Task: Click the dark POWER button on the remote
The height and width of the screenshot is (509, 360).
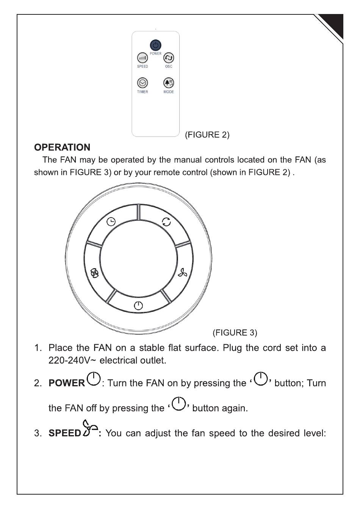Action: pyautogui.click(x=155, y=45)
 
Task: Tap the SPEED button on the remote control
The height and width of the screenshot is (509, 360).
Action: pyautogui.click(x=142, y=58)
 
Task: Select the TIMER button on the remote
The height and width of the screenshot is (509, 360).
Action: pyautogui.click(x=142, y=83)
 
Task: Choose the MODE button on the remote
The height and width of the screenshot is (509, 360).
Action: pyautogui.click(x=169, y=83)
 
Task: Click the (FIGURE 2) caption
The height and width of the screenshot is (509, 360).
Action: pyautogui.click(x=207, y=135)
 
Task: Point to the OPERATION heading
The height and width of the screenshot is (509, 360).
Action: pyautogui.click(x=62, y=147)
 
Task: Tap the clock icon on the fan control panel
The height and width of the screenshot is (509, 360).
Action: pyautogui.click(x=111, y=222)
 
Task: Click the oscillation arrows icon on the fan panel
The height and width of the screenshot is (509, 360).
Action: pyautogui.click(x=166, y=222)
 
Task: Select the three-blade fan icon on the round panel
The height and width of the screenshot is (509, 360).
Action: pyautogui.click(x=183, y=273)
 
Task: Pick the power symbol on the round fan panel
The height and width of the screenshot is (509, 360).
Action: pyautogui.click(x=138, y=305)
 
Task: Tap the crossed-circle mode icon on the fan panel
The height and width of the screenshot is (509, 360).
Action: pyautogui.click(x=94, y=273)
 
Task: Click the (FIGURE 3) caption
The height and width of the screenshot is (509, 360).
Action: pyautogui.click(x=235, y=333)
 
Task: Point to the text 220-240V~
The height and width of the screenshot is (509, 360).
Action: pyautogui.click(x=72, y=360)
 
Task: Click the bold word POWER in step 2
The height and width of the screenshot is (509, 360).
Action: pyautogui.click(x=67, y=383)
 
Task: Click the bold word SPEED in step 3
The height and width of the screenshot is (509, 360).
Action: pyautogui.click(x=65, y=433)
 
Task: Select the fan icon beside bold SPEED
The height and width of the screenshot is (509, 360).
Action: pyautogui.click(x=90, y=429)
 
